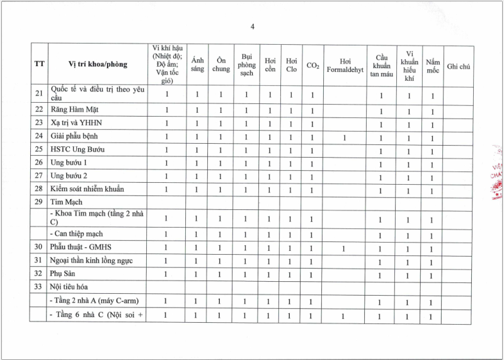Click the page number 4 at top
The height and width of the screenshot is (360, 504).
tap(252, 26)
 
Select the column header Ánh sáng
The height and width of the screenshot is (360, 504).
tap(197, 64)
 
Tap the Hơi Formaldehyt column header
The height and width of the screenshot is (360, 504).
tap(345, 65)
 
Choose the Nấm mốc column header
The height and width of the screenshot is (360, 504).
tap(432, 65)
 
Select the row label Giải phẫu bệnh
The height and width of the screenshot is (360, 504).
tap(74, 136)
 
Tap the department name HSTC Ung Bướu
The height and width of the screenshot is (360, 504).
tap(77, 149)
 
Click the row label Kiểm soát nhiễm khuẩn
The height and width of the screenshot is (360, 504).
tap(87, 189)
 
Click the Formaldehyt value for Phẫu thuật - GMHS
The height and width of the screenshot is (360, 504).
tap(344, 248)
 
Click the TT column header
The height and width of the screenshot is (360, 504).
tap(39, 64)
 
